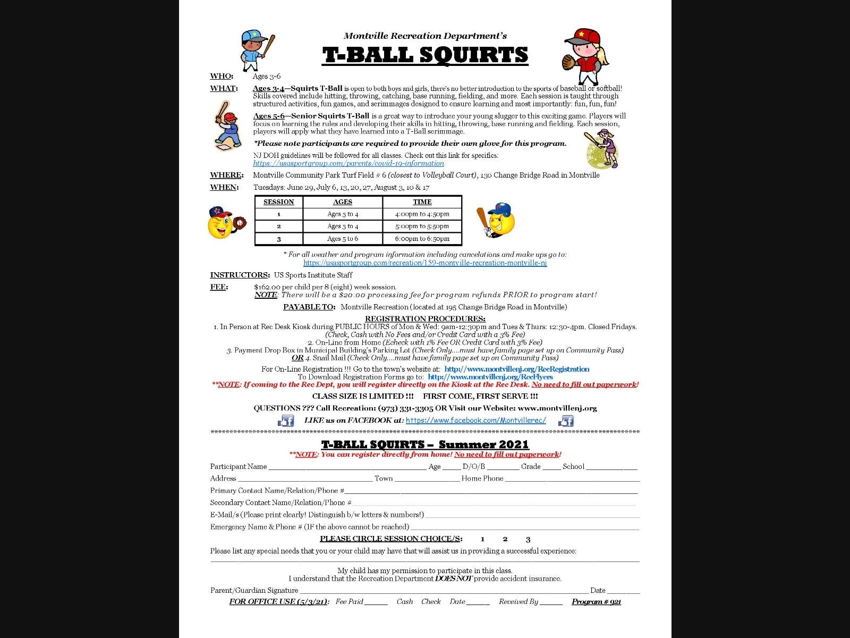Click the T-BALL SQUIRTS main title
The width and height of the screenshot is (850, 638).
425,55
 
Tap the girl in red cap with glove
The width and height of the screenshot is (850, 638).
584,52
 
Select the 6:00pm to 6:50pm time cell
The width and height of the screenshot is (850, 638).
422,239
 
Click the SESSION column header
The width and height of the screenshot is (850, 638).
278,202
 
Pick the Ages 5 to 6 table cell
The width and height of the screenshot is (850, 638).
343,239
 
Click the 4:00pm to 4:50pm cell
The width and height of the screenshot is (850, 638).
422,214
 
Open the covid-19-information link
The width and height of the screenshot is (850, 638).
348,163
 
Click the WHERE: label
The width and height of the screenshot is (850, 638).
226,175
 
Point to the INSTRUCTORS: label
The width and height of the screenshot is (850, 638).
240,275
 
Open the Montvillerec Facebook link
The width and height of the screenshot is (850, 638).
475,420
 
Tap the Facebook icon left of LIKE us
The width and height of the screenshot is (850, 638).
286,421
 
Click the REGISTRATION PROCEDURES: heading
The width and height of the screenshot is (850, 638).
425,319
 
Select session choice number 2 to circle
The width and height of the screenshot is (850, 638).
505,539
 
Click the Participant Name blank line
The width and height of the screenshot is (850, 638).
347,467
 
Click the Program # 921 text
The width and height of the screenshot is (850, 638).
596,602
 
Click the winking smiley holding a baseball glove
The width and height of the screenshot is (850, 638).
225,222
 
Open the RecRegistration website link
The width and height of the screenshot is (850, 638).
516,369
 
